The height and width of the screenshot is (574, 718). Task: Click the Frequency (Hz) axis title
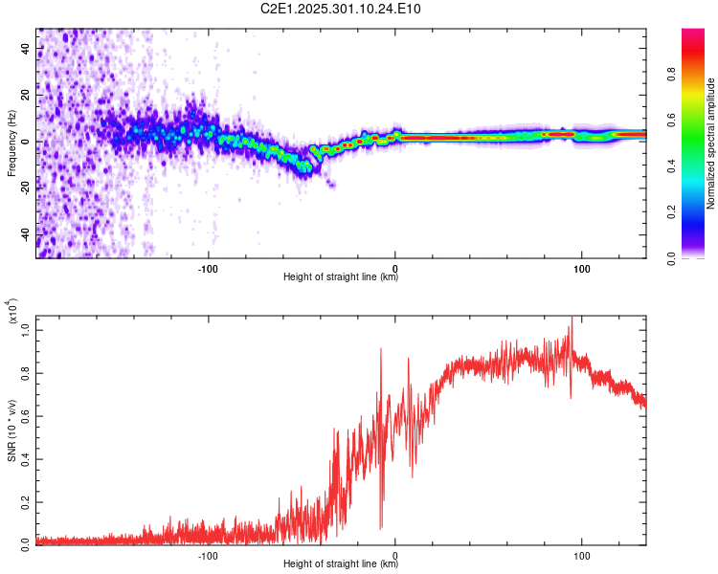[12, 143]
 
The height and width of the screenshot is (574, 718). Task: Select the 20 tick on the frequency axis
[26, 96]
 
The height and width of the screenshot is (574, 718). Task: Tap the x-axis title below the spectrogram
[341, 276]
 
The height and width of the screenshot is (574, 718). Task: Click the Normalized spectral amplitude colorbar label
[710, 143]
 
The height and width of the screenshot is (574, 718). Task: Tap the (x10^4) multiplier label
[12, 312]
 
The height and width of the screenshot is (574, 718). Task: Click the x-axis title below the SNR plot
[341, 564]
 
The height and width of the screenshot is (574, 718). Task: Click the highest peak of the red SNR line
[572, 318]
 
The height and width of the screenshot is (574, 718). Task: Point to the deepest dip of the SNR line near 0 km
[381, 528]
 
